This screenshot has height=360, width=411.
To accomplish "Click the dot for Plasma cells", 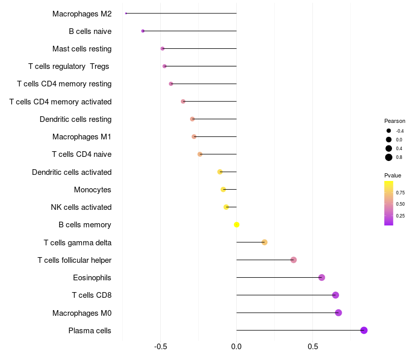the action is pyautogui.click(x=364, y=330).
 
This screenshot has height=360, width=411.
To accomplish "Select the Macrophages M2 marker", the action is pyautogui.click(x=126, y=13).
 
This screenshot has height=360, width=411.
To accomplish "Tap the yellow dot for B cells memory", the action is pyautogui.click(x=236, y=225).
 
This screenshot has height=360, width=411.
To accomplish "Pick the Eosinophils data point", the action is pyautogui.click(x=322, y=277).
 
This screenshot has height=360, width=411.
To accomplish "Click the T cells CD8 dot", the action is pyautogui.click(x=335, y=295).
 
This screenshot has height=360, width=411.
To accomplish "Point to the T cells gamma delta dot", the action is pyautogui.click(x=265, y=242).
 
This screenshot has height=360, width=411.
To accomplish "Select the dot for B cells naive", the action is pyautogui.click(x=143, y=31).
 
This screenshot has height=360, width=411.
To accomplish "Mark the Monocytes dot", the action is pyautogui.click(x=223, y=189).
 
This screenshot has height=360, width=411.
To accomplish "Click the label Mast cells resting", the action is pyautogui.click(x=82, y=49).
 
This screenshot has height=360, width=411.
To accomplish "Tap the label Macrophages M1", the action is pyautogui.click(x=82, y=137).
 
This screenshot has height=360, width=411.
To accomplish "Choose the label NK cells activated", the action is pyautogui.click(x=81, y=207).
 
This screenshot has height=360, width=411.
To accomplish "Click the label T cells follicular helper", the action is pyautogui.click(x=74, y=260).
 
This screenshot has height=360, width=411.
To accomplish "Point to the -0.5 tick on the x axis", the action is pyautogui.click(x=160, y=347).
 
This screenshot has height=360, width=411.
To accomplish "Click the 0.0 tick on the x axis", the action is pyautogui.click(x=236, y=347).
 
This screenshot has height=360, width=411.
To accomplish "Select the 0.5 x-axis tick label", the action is pyautogui.click(x=313, y=347).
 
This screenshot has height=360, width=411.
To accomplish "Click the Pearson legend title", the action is pyautogui.click(x=395, y=121).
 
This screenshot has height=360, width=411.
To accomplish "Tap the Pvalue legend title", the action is pyautogui.click(x=393, y=175).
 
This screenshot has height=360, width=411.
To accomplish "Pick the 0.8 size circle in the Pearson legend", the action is pyautogui.click(x=389, y=157).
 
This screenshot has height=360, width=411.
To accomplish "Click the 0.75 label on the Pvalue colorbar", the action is pyautogui.click(x=400, y=192).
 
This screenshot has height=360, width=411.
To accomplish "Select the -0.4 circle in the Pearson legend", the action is pyautogui.click(x=389, y=131).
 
